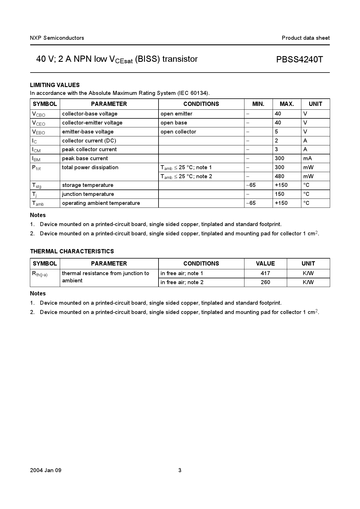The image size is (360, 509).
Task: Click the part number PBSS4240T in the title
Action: [299, 59]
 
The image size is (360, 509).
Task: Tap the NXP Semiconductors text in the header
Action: [57, 38]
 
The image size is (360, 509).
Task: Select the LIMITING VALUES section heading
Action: [55, 85]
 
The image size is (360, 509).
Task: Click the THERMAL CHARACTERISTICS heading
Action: [72, 251]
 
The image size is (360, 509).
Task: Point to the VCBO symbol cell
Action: [39, 114]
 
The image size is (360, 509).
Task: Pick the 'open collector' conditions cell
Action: [178, 132]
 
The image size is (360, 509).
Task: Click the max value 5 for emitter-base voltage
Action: [276, 132]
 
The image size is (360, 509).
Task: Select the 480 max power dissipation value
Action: [280, 176]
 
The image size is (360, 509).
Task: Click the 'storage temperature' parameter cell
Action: [88, 185]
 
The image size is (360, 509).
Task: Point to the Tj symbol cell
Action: [34, 194]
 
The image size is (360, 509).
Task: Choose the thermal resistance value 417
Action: [265, 273]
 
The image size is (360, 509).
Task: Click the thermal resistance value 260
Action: [265, 282]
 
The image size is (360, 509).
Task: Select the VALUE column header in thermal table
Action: [265, 263]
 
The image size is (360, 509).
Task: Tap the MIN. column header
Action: [258, 104]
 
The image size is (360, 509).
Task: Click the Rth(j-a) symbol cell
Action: [40, 274]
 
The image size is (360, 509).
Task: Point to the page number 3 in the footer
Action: [180, 470]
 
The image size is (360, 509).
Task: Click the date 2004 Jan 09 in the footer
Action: [46, 470]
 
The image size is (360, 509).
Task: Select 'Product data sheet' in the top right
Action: [305, 38]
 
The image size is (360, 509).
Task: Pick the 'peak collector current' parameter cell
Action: [89, 149]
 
